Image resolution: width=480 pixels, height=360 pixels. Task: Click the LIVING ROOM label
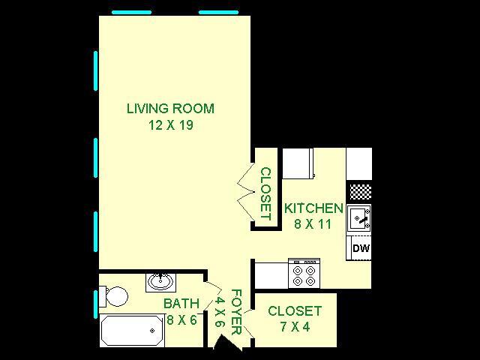pos(170,109)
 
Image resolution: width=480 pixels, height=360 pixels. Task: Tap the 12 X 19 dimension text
pos(171,125)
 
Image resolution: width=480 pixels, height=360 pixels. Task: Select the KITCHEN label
pos(313,208)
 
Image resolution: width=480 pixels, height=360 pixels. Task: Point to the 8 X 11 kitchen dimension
pos(313,224)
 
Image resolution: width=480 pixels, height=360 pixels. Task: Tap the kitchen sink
pos(359,218)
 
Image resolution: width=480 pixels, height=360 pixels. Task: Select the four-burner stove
pos(304,273)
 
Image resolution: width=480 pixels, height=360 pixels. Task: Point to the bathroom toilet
pos(113,296)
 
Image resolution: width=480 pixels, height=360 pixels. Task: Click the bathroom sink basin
pos(160,282)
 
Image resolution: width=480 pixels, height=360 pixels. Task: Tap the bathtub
pos(132,331)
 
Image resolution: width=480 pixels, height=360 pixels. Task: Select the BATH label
pos(181,303)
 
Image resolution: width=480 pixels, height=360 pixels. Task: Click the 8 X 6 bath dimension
pos(181,320)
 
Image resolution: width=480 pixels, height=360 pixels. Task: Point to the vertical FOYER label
pos(236,312)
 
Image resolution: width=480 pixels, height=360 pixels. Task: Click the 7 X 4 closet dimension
pos(295,327)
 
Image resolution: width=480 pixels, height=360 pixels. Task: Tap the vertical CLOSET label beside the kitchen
pos(265,193)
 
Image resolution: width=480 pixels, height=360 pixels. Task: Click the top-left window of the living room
pos(132,13)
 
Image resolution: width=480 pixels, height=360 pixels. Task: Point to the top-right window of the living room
pos(218,13)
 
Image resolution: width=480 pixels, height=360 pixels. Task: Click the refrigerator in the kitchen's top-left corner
pos(298,163)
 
